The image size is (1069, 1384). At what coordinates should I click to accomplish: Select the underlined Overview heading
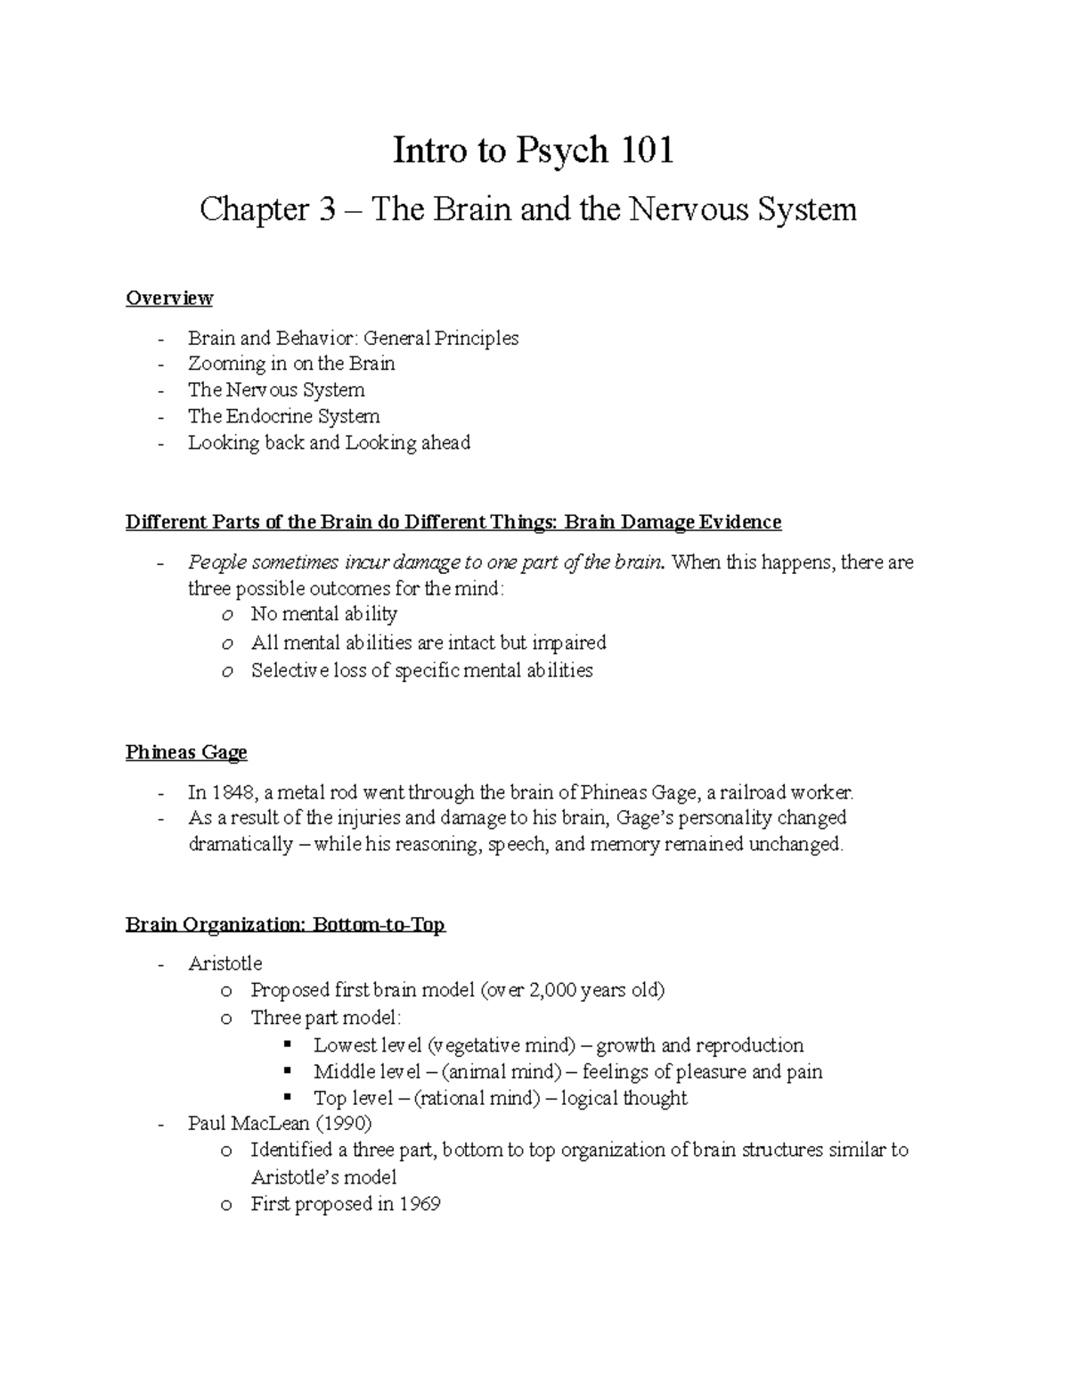[x=169, y=298]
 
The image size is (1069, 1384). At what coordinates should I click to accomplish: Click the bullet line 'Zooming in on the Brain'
[x=291, y=364]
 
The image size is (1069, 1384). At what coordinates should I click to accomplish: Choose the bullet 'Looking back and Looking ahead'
[x=329, y=443]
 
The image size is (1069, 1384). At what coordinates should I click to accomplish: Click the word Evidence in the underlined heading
[x=739, y=522]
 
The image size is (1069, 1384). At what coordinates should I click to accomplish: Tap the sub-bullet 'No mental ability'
[x=324, y=614]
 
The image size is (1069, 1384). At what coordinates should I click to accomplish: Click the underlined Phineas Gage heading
[x=186, y=752]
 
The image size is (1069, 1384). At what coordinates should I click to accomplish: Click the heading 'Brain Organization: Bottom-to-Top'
[x=285, y=925]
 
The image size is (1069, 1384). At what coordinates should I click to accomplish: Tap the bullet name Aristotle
[x=225, y=963]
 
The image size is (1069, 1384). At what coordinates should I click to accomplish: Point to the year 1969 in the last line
[x=420, y=1204]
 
